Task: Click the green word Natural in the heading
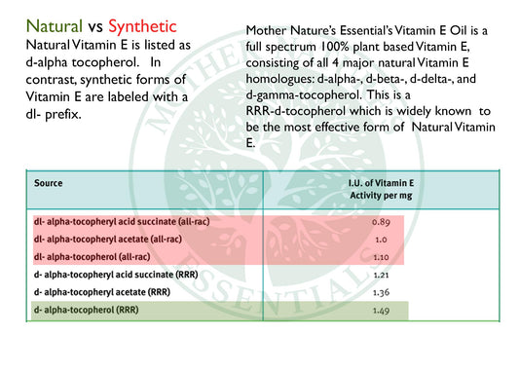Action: click(x=55, y=26)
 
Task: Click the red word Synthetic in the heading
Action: click(x=142, y=27)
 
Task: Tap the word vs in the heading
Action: click(x=95, y=27)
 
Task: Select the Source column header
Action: click(x=49, y=183)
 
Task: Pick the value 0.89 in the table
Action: click(x=381, y=222)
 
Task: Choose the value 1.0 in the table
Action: click(x=381, y=240)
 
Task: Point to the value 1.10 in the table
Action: click(x=381, y=257)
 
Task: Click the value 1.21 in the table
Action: click(x=381, y=275)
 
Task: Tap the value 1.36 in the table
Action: click(x=381, y=292)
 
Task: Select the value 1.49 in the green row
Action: click(x=381, y=311)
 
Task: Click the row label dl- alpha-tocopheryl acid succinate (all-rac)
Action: click(x=122, y=222)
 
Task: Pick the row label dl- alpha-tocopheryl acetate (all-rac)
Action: click(x=108, y=240)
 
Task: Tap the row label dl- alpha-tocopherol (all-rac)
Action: click(x=92, y=257)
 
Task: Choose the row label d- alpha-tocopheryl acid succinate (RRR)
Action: click(x=116, y=275)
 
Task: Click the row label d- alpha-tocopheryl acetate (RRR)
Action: click(x=102, y=292)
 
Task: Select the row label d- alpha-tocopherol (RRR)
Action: click(x=86, y=310)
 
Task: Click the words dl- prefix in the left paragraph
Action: click(x=54, y=115)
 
